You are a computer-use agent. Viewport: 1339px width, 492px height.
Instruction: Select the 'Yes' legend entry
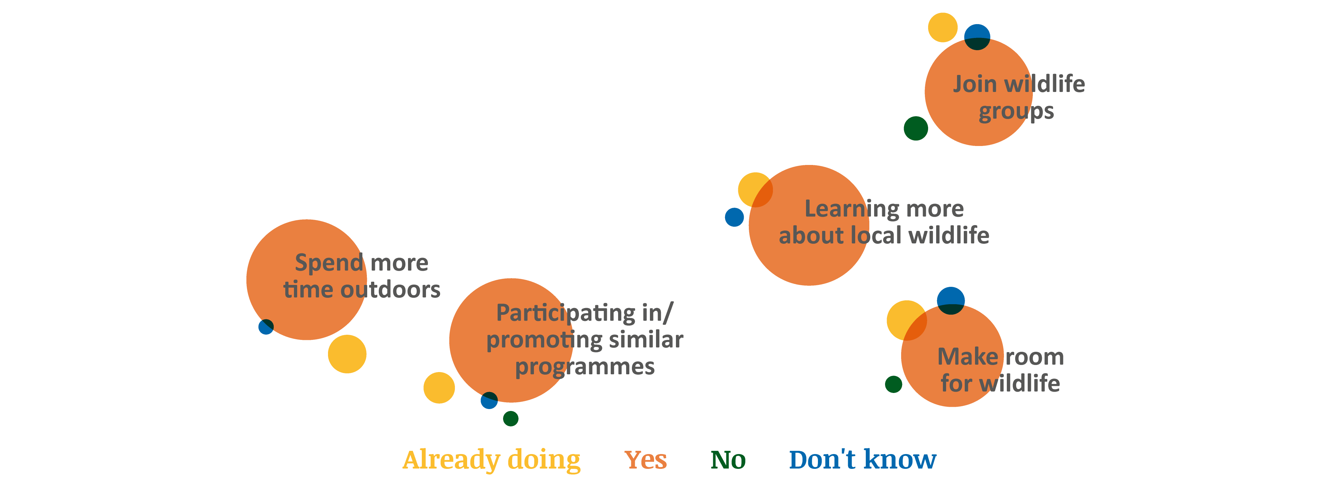(x=646, y=460)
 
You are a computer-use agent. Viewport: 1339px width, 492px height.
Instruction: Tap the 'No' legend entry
(x=728, y=460)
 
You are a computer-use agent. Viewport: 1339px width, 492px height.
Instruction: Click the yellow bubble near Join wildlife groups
(x=942, y=28)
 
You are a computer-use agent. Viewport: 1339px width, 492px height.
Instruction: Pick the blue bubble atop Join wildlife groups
(x=977, y=37)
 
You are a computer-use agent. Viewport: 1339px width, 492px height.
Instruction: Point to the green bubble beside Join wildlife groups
(x=916, y=128)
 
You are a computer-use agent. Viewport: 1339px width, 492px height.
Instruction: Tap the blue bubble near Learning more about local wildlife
(x=734, y=217)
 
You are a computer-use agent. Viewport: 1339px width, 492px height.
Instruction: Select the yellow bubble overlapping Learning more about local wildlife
(x=755, y=190)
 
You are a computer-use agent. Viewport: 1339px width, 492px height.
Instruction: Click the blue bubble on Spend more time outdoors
(x=266, y=327)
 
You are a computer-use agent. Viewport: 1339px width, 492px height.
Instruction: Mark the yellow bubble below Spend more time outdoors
(x=347, y=354)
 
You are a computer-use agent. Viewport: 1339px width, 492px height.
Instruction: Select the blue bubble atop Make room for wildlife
(x=951, y=301)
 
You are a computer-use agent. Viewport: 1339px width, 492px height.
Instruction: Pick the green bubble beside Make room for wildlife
(x=893, y=384)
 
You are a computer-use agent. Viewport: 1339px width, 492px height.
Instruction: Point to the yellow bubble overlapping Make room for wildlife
(x=907, y=320)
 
